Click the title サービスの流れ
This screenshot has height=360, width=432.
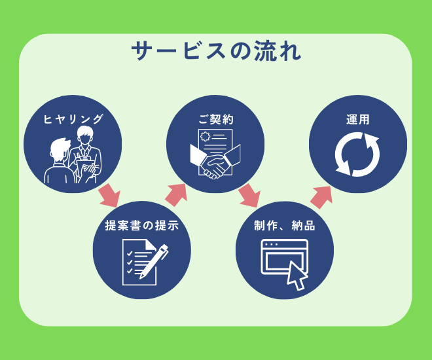pos(216,51)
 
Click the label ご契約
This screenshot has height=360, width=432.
pos(216,120)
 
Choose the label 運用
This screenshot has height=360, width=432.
pos(358,120)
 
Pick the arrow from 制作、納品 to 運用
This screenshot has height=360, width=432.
pos(321,196)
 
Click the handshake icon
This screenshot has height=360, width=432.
pos(215,164)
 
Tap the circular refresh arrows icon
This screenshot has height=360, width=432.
pos(357,155)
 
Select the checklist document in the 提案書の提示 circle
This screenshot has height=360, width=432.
pos(137,264)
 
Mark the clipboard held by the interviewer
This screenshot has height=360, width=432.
pos(85,164)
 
